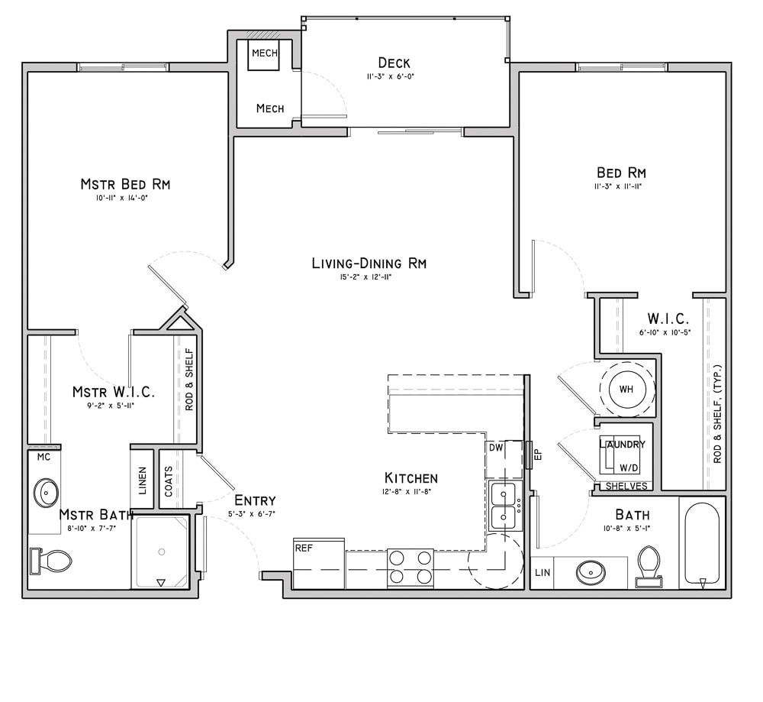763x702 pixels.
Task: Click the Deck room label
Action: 394,63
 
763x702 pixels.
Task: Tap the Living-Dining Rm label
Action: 369,264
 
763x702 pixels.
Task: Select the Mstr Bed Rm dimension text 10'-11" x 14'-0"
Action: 125,199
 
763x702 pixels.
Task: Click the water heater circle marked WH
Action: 626,390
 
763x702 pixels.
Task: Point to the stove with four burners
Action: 410,568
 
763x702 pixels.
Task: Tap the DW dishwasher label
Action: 496,448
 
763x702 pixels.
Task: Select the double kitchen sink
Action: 504,506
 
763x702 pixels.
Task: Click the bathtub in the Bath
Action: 700,545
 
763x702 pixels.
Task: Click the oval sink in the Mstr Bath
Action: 46,493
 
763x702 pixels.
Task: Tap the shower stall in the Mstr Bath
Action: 160,552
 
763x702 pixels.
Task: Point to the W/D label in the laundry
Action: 629,467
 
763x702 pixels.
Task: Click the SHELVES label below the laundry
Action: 626,486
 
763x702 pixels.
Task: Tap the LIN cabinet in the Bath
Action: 542,572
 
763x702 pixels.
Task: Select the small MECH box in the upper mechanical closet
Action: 264,53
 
